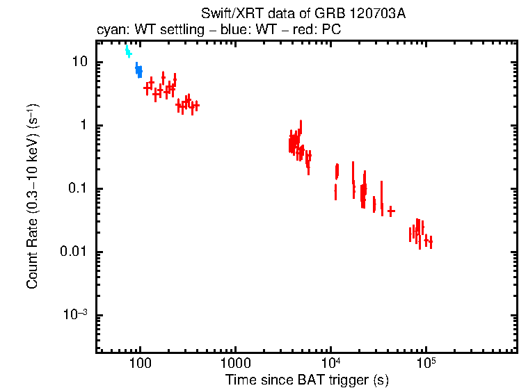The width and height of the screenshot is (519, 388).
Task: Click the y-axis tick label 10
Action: (x=79, y=62)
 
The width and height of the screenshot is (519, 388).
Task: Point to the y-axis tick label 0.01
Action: (x=74, y=252)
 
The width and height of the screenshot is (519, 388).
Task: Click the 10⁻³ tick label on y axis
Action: (x=76, y=315)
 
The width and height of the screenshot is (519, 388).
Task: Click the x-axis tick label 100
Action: (x=141, y=364)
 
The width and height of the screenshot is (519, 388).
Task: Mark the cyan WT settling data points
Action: (x=128, y=51)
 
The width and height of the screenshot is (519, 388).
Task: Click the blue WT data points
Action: (x=138, y=70)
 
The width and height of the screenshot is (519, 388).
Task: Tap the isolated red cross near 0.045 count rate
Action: (x=391, y=211)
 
